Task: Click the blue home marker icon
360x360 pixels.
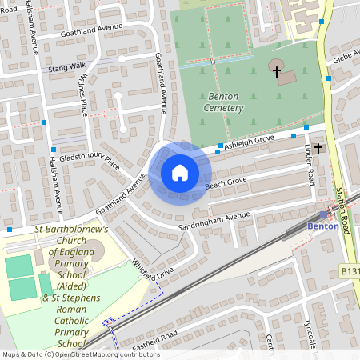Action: [180, 173]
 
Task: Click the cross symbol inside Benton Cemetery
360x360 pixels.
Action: [277, 72]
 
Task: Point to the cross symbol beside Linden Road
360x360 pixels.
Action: [318, 148]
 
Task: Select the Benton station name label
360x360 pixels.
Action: [322, 226]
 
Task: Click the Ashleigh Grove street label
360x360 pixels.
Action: [249, 142]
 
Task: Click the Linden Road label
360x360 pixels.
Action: [310, 166]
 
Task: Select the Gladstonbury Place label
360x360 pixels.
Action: [89, 160]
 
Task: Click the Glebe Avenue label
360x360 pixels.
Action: [346, 58]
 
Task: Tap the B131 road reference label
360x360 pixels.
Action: [350, 272]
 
